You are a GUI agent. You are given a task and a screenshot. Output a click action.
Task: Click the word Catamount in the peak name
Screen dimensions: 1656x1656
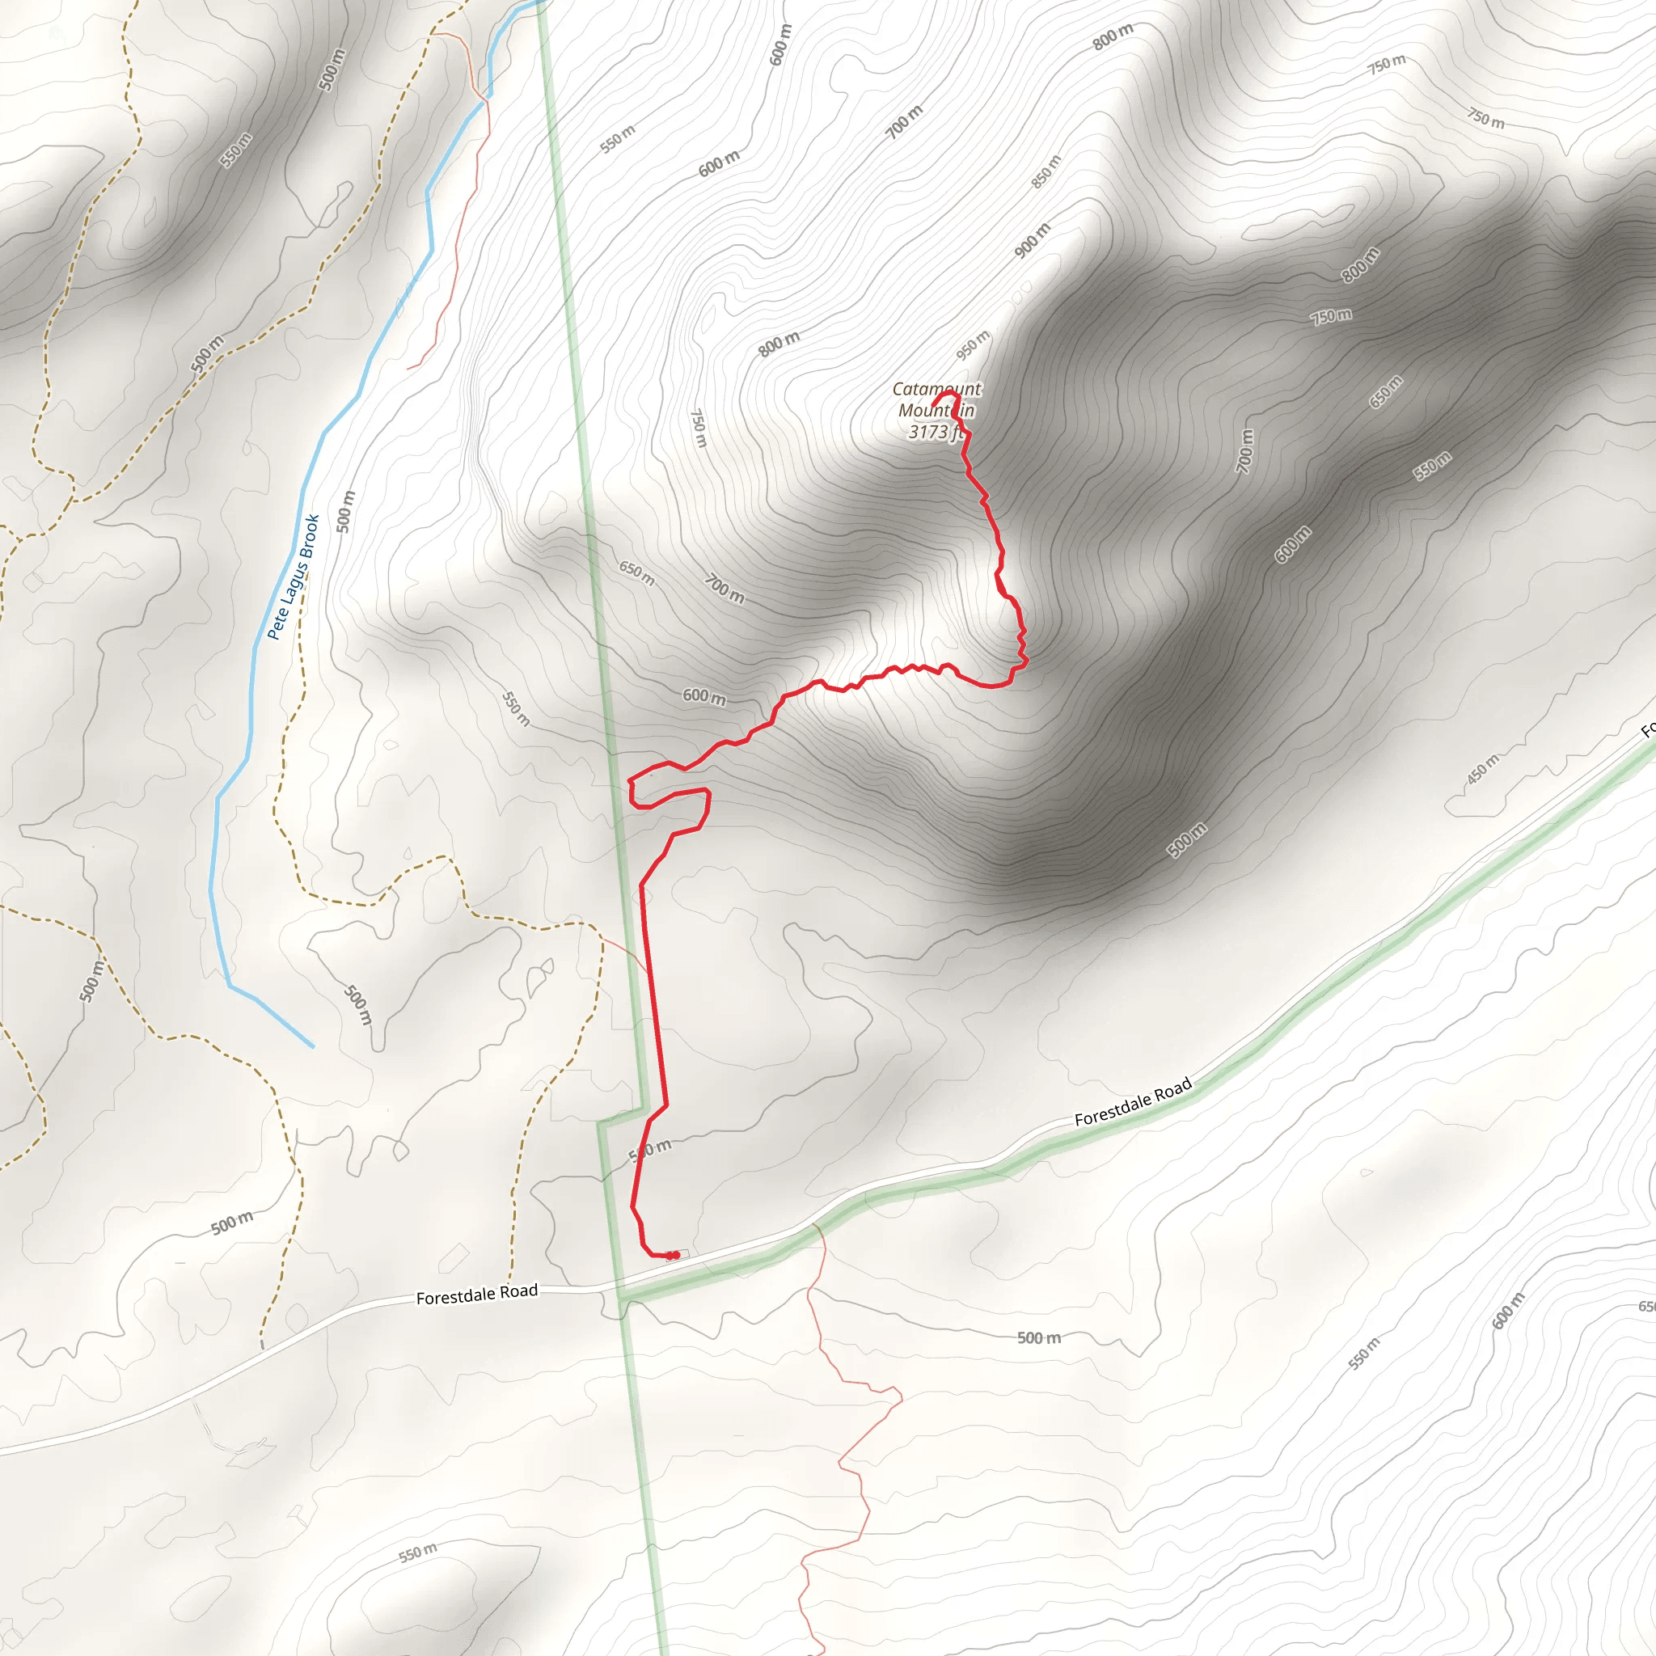(x=936, y=389)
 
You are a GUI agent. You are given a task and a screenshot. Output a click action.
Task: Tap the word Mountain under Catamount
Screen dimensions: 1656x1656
(x=936, y=411)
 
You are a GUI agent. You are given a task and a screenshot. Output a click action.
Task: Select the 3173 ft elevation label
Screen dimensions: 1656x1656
(x=936, y=432)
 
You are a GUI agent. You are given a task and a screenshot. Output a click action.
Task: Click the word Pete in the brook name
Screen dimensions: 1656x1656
(x=276, y=623)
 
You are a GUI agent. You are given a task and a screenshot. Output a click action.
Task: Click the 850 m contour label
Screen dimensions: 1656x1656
(x=1046, y=171)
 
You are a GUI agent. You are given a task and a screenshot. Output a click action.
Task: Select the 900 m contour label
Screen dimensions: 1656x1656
(x=1032, y=240)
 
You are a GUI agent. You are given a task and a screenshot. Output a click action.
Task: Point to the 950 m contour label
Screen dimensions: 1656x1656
(x=973, y=345)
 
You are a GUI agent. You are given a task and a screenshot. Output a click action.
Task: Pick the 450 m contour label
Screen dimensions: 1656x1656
(x=1483, y=769)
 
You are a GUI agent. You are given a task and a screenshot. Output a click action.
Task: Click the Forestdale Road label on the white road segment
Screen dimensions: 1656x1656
(x=476, y=1295)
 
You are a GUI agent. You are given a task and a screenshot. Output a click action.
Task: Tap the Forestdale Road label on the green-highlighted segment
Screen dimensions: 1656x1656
(x=1132, y=1101)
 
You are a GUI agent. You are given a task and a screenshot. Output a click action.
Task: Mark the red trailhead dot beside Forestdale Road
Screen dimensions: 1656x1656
(x=674, y=1256)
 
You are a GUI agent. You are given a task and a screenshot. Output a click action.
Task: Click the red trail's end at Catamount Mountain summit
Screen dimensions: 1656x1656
(x=933, y=403)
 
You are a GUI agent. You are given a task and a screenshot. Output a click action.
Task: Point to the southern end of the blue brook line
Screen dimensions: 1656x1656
(x=312, y=1046)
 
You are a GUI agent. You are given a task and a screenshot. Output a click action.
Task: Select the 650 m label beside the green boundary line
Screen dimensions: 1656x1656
(x=637, y=573)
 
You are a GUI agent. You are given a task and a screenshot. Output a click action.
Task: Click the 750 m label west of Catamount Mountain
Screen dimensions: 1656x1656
(x=699, y=427)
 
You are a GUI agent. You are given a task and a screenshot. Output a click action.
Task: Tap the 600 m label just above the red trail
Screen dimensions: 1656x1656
(x=703, y=696)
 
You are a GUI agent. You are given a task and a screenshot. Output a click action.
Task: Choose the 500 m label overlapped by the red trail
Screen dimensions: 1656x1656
(x=651, y=1151)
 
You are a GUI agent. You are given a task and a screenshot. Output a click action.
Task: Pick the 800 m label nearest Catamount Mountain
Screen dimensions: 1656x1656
(x=779, y=344)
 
